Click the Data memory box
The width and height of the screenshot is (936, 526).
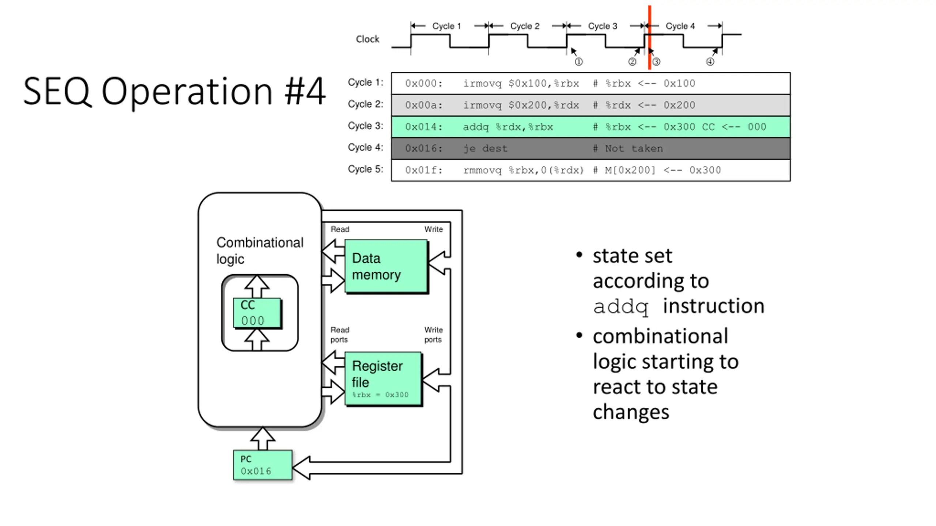[386, 266]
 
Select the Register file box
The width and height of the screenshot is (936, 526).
[383, 378]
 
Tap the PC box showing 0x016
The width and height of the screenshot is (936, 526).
[263, 465]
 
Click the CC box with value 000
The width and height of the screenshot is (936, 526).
[257, 313]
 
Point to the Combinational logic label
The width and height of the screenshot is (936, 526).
[260, 251]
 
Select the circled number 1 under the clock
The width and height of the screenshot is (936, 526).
[578, 62]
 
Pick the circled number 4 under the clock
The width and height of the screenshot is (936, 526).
[710, 62]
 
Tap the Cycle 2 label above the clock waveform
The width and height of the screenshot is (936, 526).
[525, 26]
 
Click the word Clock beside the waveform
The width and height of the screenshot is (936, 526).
[367, 39]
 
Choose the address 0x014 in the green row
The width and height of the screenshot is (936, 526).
[423, 127]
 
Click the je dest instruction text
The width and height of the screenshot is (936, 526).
[485, 149]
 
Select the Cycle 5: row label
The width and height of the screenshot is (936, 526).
[365, 169]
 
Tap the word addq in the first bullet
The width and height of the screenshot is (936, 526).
[620, 306]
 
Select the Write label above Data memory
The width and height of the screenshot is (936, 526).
[433, 229]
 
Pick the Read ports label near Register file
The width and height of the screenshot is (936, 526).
[340, 335]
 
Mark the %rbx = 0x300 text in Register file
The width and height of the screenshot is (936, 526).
[380, 395]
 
